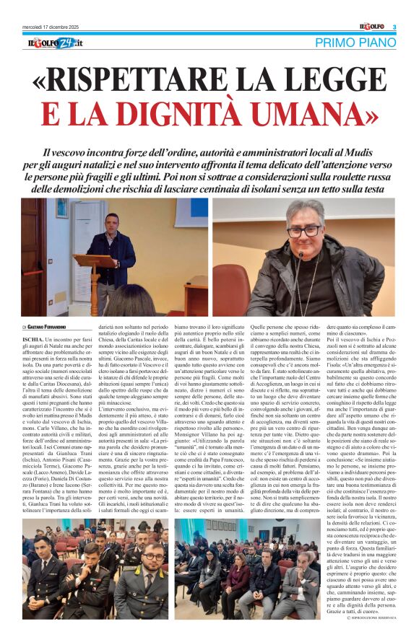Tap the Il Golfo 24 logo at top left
click(56, 44)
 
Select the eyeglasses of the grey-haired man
click(303, 231)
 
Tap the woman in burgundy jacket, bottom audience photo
click(238, 577)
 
